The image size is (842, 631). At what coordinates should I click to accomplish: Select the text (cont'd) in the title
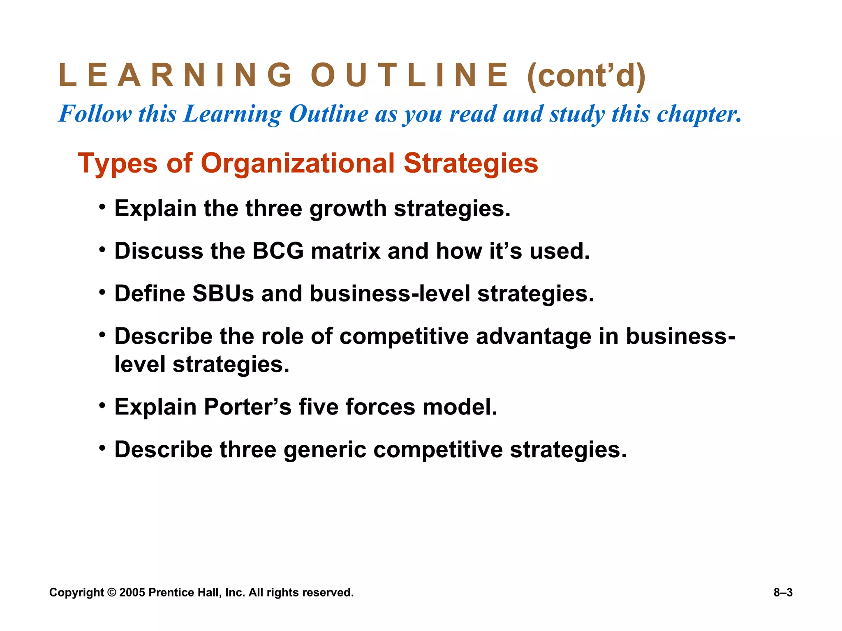pos(586,76)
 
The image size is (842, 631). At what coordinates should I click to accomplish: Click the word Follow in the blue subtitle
pos(95,113)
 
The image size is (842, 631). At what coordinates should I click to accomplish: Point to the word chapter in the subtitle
pos(699,114)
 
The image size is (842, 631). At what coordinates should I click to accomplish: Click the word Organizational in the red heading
pos(298,163)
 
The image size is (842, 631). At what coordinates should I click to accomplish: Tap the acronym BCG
pos(278,251)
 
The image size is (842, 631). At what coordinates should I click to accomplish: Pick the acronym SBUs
pos(223,294)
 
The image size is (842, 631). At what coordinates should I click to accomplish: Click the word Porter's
pos(248,407)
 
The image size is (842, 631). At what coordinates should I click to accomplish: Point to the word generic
pos(325,450)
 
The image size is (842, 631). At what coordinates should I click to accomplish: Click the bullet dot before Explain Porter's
pos(102,405)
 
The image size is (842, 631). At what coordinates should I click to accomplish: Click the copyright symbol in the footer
pos(111,592)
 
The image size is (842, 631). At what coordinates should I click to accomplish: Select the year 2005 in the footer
pos(132,592)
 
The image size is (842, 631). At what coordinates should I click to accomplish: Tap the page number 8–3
pos(783,592)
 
